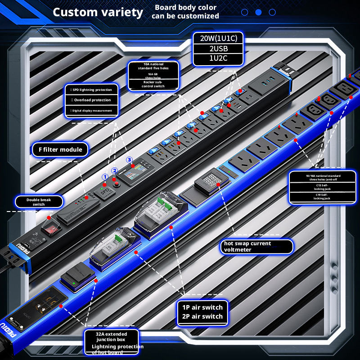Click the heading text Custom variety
point(98,12)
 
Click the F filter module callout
point(60,149)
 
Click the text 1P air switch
point(202,307)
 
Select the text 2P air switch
point(202,316)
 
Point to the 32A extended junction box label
point(111,337)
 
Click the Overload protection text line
point(92,100)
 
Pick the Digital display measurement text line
point(92,110)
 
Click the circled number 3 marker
point(129,160)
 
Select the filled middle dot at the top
point(258,12)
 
